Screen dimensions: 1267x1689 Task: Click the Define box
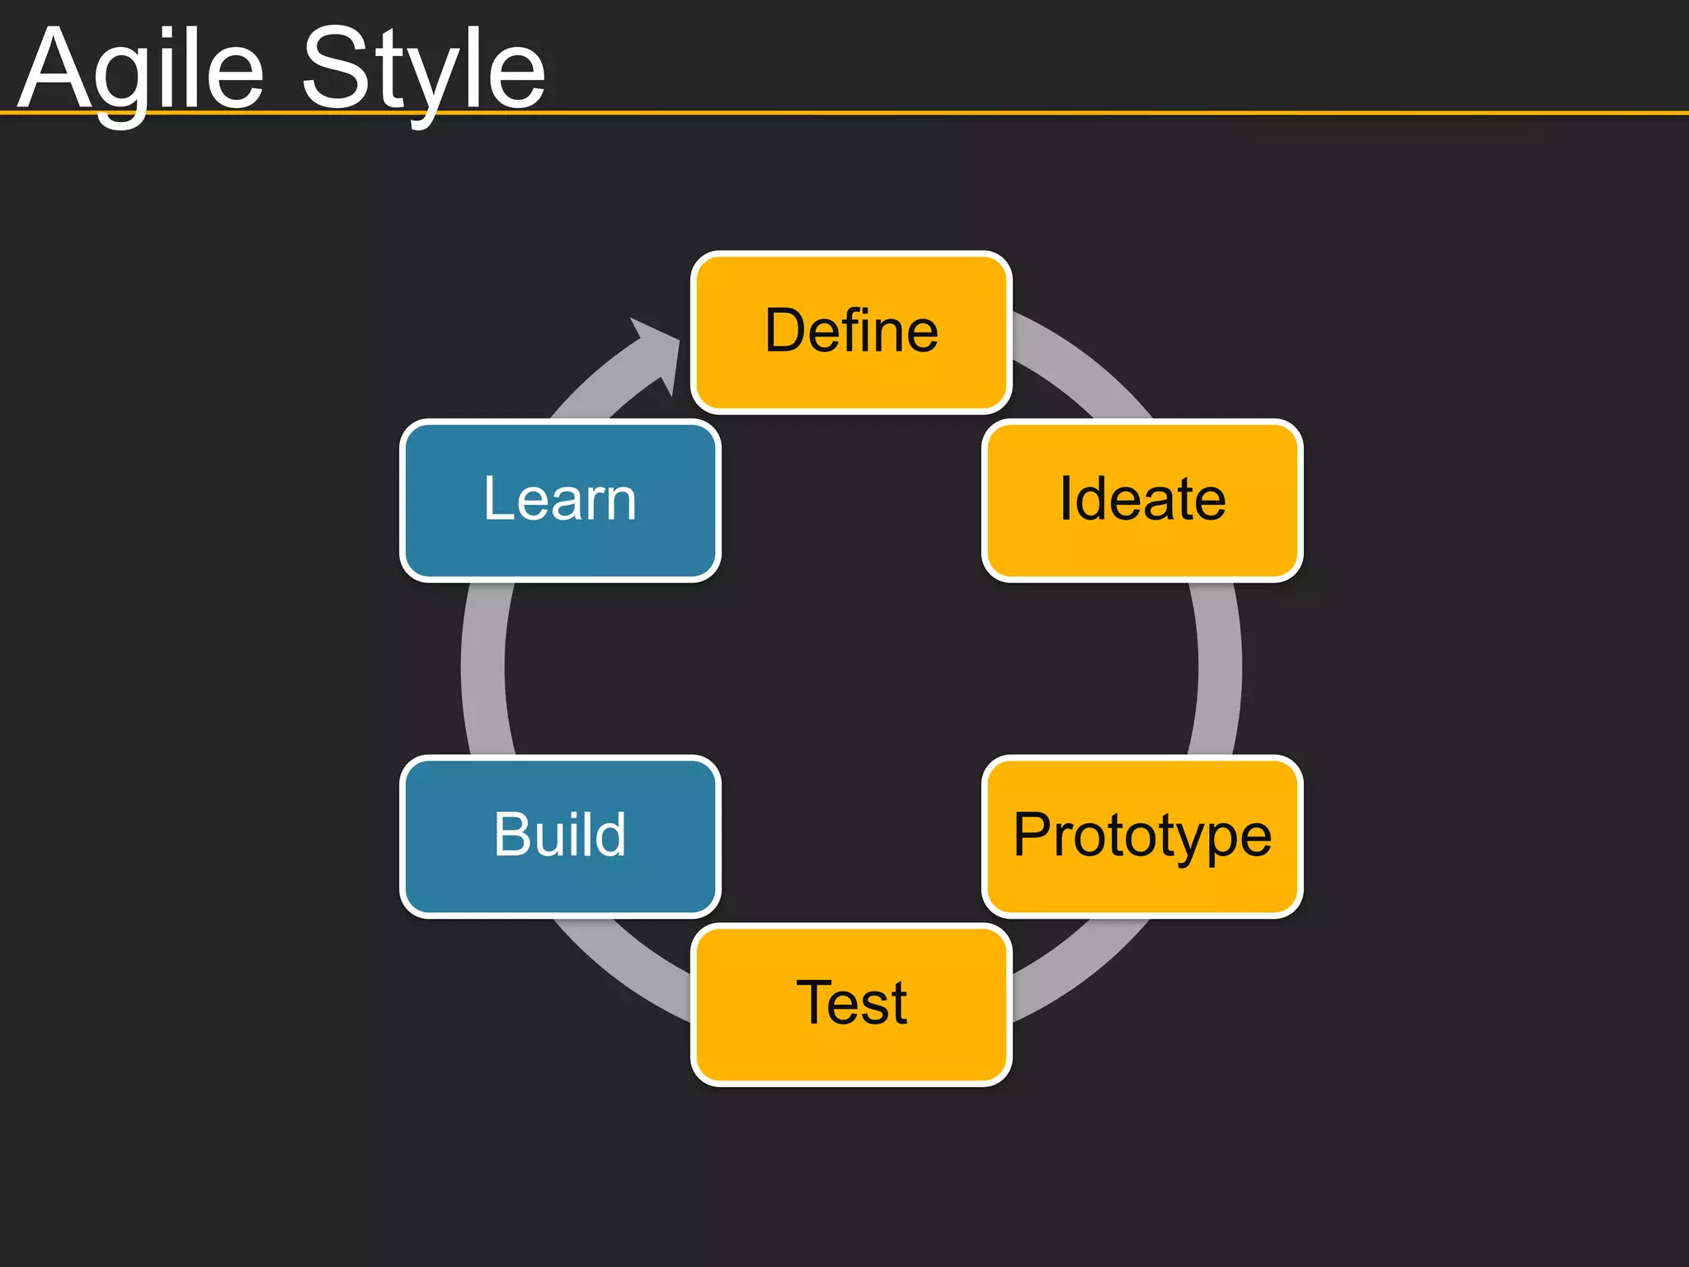click(851, 332)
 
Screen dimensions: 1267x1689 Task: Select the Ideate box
click(1142, 500)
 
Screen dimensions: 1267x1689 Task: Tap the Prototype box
click(1142, 836)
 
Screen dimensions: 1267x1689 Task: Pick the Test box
click(851, 1004)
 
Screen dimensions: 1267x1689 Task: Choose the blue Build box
click(560, 836)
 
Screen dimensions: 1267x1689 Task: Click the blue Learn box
click(560, 500)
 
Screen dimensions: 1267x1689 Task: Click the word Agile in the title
click(140, 70)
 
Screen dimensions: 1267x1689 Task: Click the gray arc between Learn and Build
click(484, 668)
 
